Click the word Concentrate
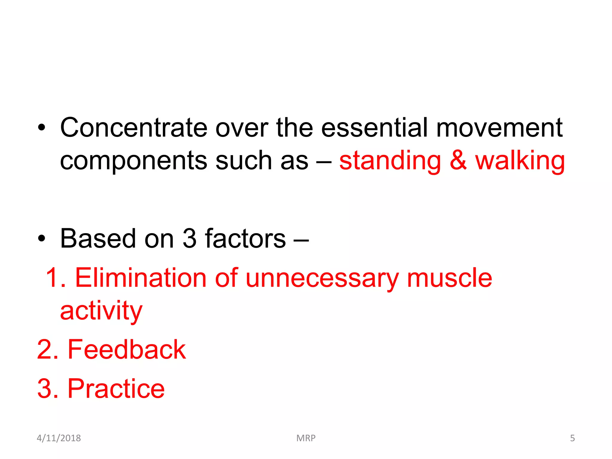[134, 128]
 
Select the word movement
[499, 128]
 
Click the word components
[134, 161]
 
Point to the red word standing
[390, 161]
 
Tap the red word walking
[520, 161]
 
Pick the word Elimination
[141, 278]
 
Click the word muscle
[449, 278]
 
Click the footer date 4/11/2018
[59, 438]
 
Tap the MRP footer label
[306, 438]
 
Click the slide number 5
[572, 438]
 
